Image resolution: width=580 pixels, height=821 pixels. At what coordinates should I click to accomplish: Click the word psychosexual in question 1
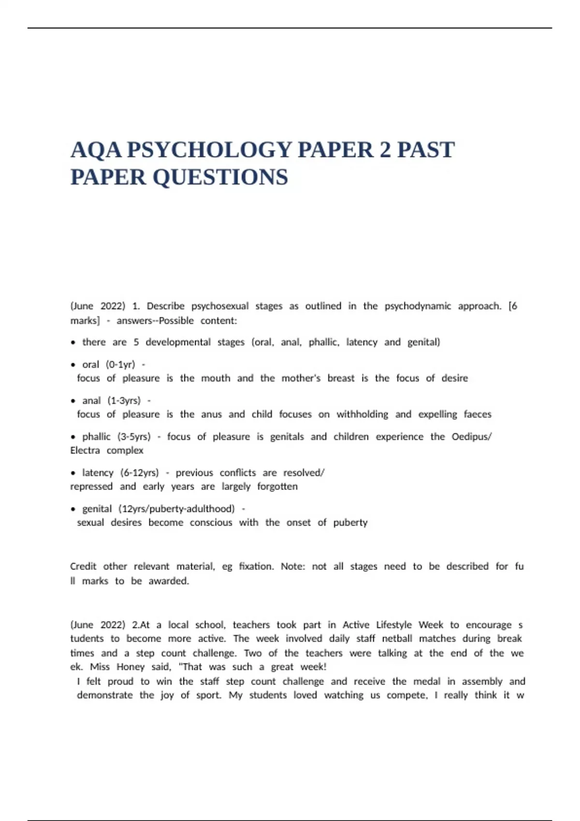pyautogui.click(x=220, y=306)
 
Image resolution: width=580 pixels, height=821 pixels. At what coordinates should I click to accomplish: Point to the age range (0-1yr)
pyautogui.click(x=120, y=365)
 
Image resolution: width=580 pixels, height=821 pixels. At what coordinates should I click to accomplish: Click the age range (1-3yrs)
pyautogui.click(x=124, y=401)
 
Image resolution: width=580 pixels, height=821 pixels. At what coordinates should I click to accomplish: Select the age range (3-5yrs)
pyautogui.click(x=134, y=437)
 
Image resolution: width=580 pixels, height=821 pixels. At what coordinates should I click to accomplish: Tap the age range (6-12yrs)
pyautogui.click(x=140, y=473)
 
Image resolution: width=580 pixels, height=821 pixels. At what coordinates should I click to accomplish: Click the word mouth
pyautogui.click(x=216, y=378)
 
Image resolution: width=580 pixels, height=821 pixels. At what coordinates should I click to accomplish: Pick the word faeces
pyautogui.click(x=478, y=414)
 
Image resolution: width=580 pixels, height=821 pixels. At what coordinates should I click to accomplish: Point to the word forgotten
pyautogui.click(x=277, y=487)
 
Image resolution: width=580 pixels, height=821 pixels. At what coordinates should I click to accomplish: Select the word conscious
pyautogui.click(x=211, y=523)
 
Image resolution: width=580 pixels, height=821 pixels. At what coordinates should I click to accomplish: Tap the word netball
pyautogui.click(x=397, y=638)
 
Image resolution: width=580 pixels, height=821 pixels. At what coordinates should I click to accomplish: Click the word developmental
pyautogui.click(x=178, y=342)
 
